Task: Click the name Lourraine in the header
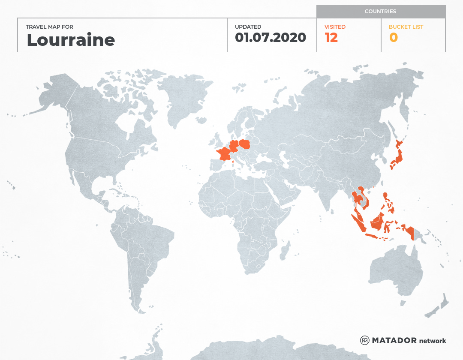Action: coord(71,40)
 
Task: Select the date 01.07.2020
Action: coord(271,37)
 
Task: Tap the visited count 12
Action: coord(331,37)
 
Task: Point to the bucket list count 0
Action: coord(393,37)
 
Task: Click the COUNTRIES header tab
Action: coord(380,12)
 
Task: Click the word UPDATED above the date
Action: coord(248,27)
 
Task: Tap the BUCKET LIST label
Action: coord(406,27)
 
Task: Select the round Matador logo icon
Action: coord(365,340)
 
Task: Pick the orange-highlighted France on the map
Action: coord(224,153)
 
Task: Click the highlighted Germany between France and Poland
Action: coord(234,146)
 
